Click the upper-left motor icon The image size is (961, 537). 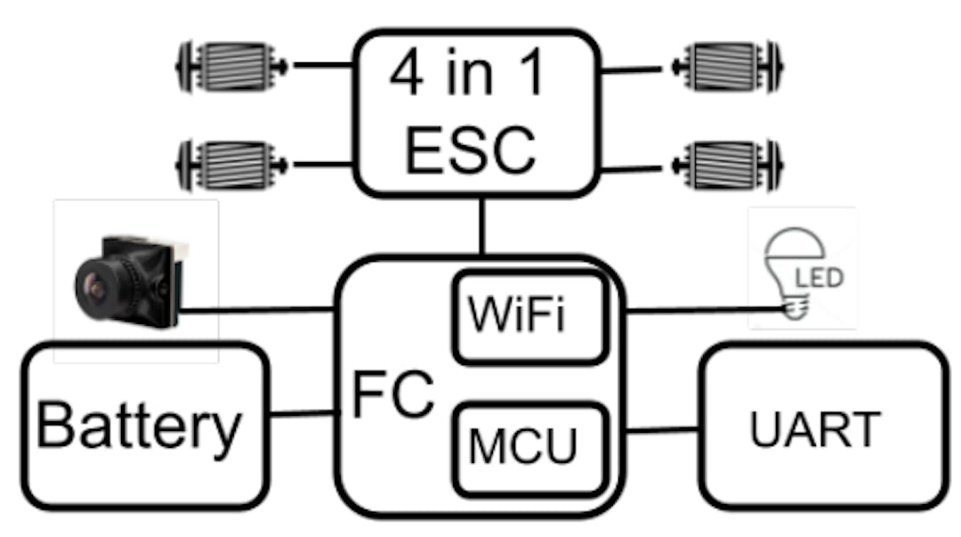point(233,67)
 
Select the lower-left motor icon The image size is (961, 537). point(233,165)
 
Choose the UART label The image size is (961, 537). point(815,431)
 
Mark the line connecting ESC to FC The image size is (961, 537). point(481,226)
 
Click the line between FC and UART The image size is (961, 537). point(663,431)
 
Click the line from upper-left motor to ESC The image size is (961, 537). point(322,65)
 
